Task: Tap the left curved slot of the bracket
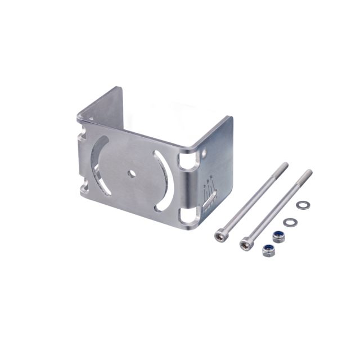tap(97, 163)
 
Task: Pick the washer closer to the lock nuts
tap(289, 222)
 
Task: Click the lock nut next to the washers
tap(278, 237)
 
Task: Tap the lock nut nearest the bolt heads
tap(268, 250)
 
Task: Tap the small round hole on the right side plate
tap(204, 152)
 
